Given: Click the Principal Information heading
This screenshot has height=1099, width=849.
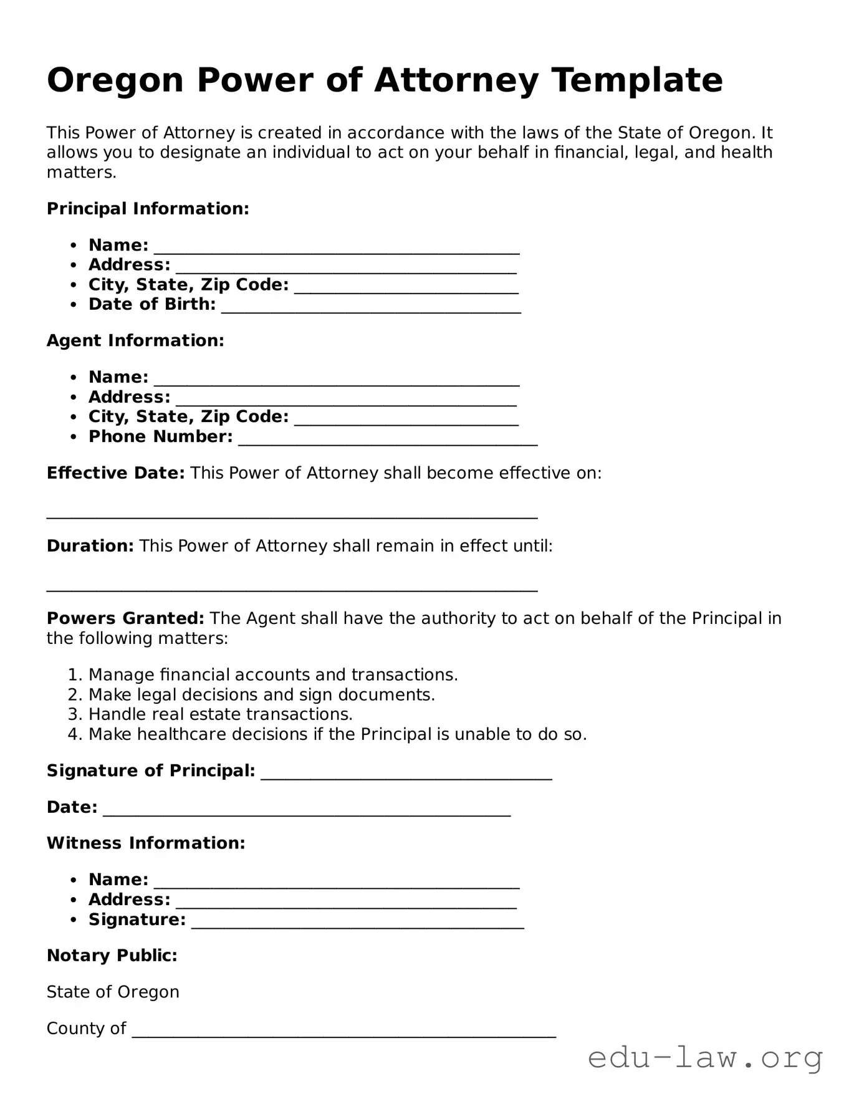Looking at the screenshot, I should pyautogui.click(x=148, y=209).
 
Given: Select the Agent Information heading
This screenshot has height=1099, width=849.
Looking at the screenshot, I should pyautogui.click(x=135, y=341).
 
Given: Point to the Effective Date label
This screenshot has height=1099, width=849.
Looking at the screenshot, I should pyautogui.click(x=115, y=473).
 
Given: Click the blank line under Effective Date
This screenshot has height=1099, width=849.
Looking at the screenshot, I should pyautogui.click(x=292, y=516).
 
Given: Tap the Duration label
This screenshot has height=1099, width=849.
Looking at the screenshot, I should pyautogui.click(x=90, y=546).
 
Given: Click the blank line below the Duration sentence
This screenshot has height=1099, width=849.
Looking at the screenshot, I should pyautogui.click(x=292, y=588).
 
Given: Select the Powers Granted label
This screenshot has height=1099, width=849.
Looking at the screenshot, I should pyautogui.click(x=125, y=618).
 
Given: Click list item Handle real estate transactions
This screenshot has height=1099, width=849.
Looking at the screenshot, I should pyautogui.click(x=221, y=714).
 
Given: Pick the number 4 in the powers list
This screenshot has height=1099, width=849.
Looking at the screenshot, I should pyautogui.click(x=74, y=734).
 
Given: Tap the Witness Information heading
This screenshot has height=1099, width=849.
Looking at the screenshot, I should pyautogui.click(x=146, y=843).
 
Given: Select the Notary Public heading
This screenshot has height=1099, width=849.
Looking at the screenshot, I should pyautogui.click(x=112, y=956).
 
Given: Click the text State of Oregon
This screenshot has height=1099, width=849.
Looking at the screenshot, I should pyautogui.click(x=113, y=992).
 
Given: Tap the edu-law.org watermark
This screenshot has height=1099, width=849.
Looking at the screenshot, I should pyautogui.click(x=705, y=1058).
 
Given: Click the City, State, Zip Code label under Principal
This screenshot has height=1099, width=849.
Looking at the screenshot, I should pyautogui.click(x=188, y=285).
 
